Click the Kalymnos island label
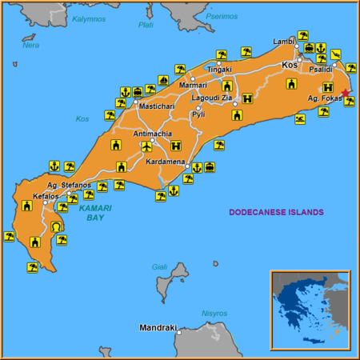[x=88, y=18]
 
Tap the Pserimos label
[x=222, y=16]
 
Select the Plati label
[x=146, y=25]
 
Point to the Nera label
[x=30, y=45]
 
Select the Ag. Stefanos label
[x=69, y=186]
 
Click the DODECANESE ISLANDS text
[x=276, y=213]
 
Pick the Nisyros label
[x=214, y=313]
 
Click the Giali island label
[x=160, y=266]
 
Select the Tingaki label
[x=219, y=70]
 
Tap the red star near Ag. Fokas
[x=345, y=92]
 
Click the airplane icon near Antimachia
[x=146, y=146]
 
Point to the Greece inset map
[x=310, y=310]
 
